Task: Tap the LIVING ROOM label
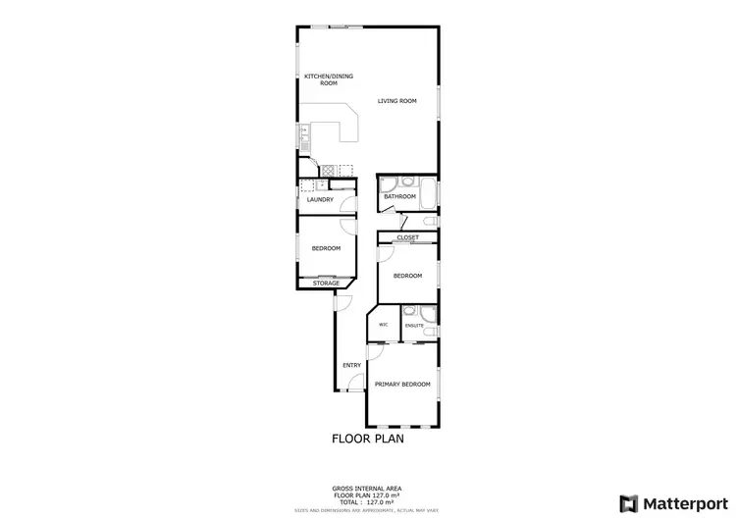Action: coord(398,100)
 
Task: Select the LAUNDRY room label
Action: coord(320,200)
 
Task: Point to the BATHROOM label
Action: coord(400,197)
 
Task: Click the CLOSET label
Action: coord(407,237)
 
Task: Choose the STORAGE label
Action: coord(326,284)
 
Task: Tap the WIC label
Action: coord(384,324)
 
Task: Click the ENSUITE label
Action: coord(414,324)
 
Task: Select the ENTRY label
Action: coord(351,366)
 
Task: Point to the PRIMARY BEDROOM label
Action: coord(402,385)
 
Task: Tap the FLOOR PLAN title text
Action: coord(368,439)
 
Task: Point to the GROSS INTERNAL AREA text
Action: coord(367,488)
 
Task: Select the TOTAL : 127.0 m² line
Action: coord(367,501)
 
